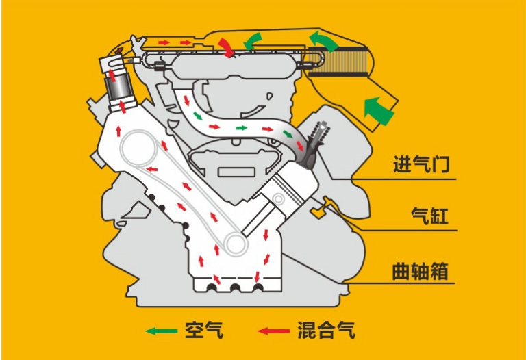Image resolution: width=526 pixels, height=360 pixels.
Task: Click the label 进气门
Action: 421,164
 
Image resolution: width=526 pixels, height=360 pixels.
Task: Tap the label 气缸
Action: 429,215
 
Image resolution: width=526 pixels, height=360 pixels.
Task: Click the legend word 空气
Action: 204,330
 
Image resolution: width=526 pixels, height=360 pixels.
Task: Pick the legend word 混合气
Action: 326,330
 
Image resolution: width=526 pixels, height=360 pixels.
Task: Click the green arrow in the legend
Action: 162,331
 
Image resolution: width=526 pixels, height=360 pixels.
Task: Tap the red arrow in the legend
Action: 274,331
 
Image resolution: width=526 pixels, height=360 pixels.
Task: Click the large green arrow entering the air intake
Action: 378,110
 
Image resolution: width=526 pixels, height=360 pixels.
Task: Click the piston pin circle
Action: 278,199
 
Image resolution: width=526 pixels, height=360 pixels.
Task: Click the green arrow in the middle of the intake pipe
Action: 242,128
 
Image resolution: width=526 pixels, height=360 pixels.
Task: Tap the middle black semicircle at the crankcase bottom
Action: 234,288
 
